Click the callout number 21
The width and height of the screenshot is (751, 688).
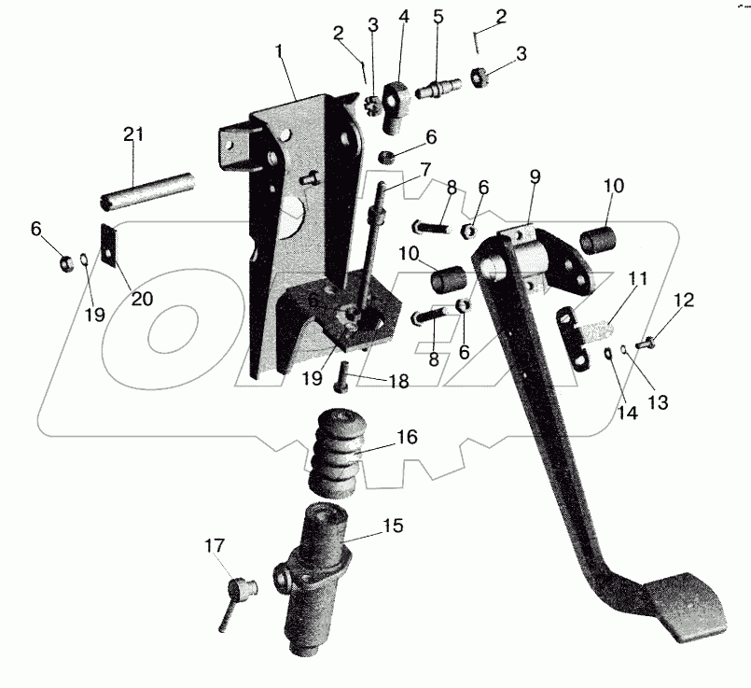pyautogui.click(x=133, y=134)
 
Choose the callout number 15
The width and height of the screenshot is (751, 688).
pyautogui.click(x=393, y=527)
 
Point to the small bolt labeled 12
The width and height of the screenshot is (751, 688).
pyautogui.click(x=651, y=344)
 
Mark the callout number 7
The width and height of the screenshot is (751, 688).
pyautogui.click(x=424, y=170)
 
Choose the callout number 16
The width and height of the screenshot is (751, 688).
pyautogui.click(x=407, y=437)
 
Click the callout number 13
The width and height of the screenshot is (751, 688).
pyautogui.click(x=660, y=401)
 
